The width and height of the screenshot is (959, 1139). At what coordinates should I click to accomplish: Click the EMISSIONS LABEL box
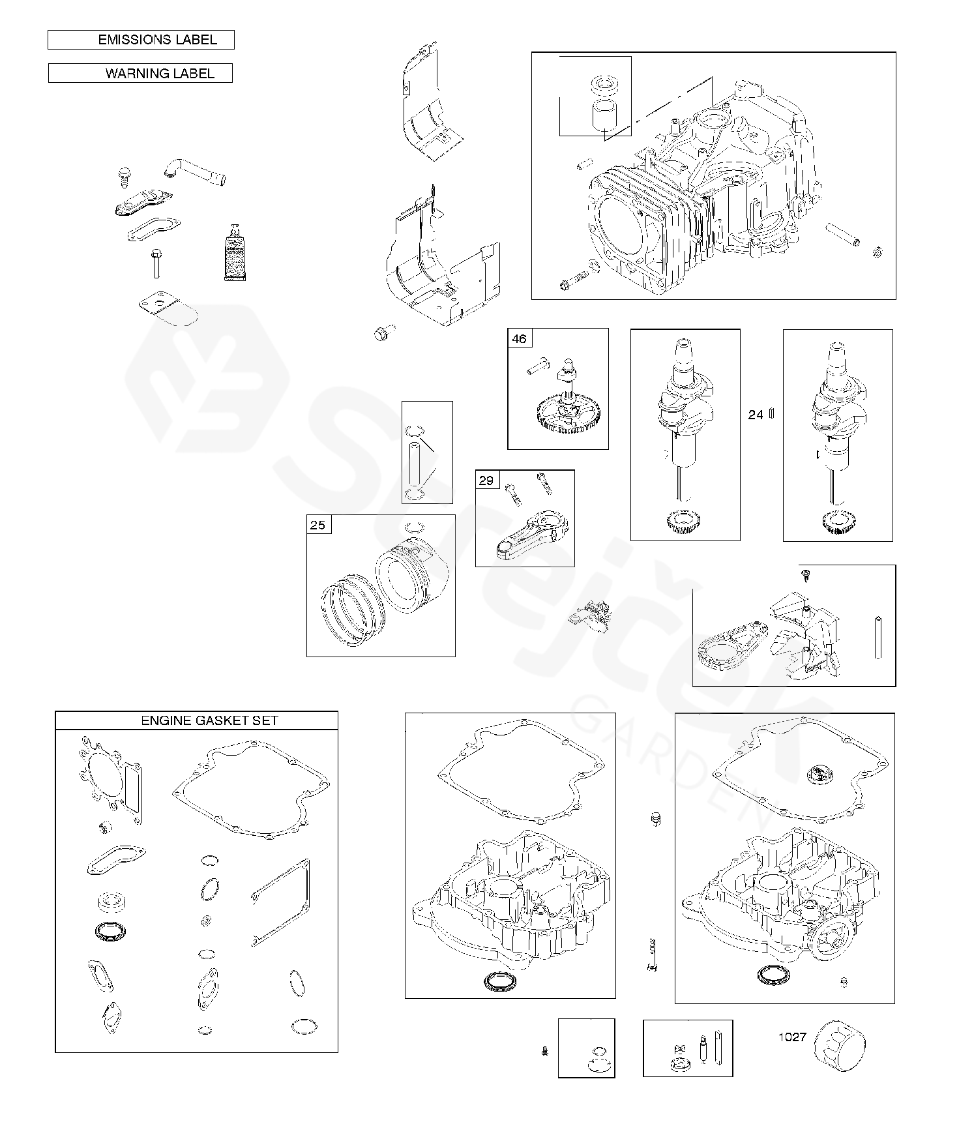click(141, 40)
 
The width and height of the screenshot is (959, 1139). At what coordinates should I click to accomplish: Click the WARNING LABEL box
click(140, 73)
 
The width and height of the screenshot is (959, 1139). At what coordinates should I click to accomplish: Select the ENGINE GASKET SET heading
click(210, 720)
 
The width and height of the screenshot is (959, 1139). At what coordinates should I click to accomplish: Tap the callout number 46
click(519, 339)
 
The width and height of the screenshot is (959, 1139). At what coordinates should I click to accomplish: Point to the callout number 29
click(486, 481)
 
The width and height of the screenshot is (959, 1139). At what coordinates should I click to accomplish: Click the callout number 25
click(318, 525)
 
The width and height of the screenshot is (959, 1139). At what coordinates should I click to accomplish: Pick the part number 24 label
click(756, 415)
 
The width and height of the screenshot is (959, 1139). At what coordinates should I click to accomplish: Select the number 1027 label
click(792, 1037)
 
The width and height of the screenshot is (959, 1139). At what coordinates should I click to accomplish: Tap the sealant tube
click(234, 252)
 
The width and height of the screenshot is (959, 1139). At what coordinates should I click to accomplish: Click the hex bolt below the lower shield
click(381, 334)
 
